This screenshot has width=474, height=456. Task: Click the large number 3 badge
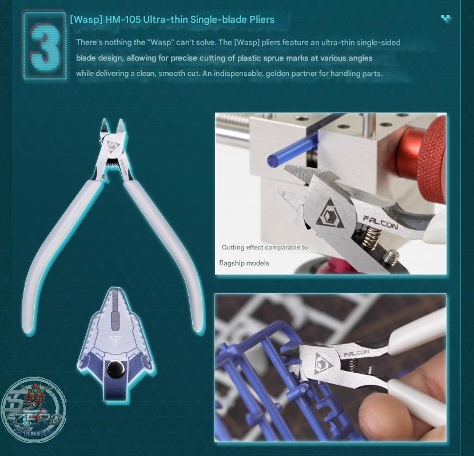[x=45, y=45]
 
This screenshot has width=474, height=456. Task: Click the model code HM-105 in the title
[x=123, y=19]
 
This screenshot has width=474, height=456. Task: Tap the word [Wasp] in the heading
[x=86, y=20]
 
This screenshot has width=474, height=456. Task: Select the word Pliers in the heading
[x=262, y=19]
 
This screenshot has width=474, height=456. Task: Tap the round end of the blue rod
[x=273, y=160]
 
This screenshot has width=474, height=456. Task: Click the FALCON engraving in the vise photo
[x=380, y=222]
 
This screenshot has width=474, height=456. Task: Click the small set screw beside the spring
[x=391, y=257]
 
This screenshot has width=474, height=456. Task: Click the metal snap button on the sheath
[x=114, y=368]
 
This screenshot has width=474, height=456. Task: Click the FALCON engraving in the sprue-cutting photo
[x=356, y=353]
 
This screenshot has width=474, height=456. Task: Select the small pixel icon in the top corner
[x=446, y=18]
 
